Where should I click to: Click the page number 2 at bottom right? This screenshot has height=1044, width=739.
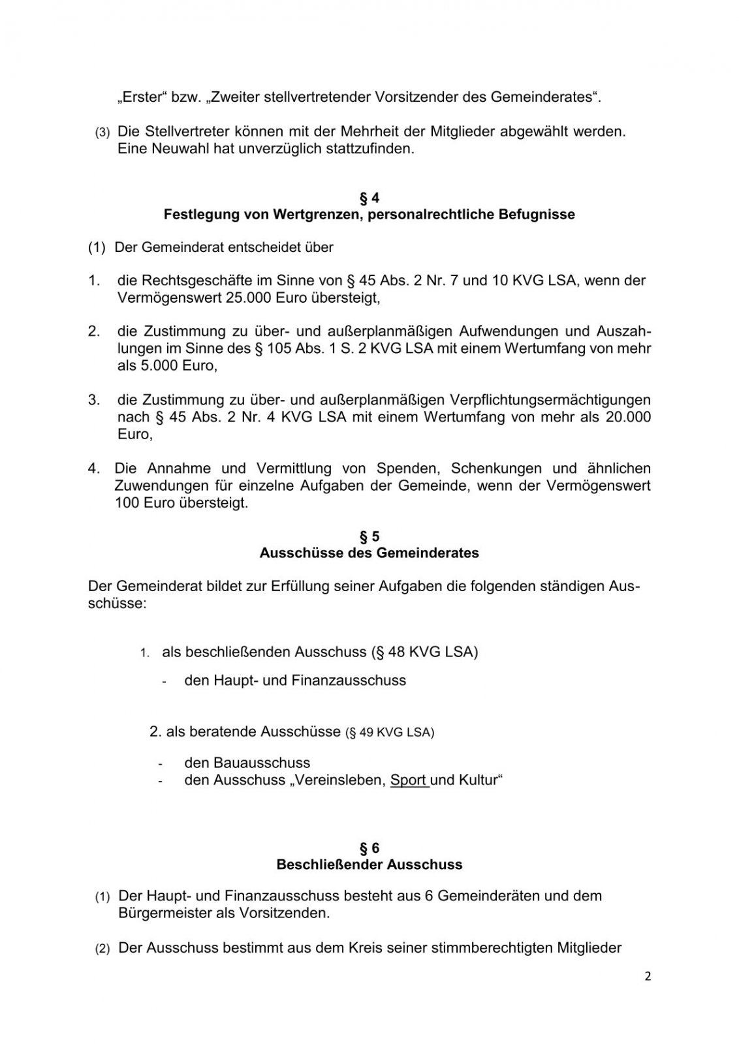click(648, 976)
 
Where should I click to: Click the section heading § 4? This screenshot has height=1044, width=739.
click(369, 198)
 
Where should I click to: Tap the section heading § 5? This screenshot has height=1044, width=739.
click(369, 536)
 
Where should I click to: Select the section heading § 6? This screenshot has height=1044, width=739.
click(369, 848)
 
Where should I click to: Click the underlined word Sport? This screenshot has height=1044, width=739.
click(409, 780)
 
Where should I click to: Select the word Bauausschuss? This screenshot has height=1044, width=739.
click(261, 763)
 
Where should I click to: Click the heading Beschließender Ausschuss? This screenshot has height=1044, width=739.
click(369, 865)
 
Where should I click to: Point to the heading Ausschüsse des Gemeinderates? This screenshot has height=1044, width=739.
click(369, 553)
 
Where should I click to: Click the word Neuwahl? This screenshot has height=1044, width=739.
click(175, 148)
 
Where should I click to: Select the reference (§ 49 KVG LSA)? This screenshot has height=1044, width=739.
click(389, 732)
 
